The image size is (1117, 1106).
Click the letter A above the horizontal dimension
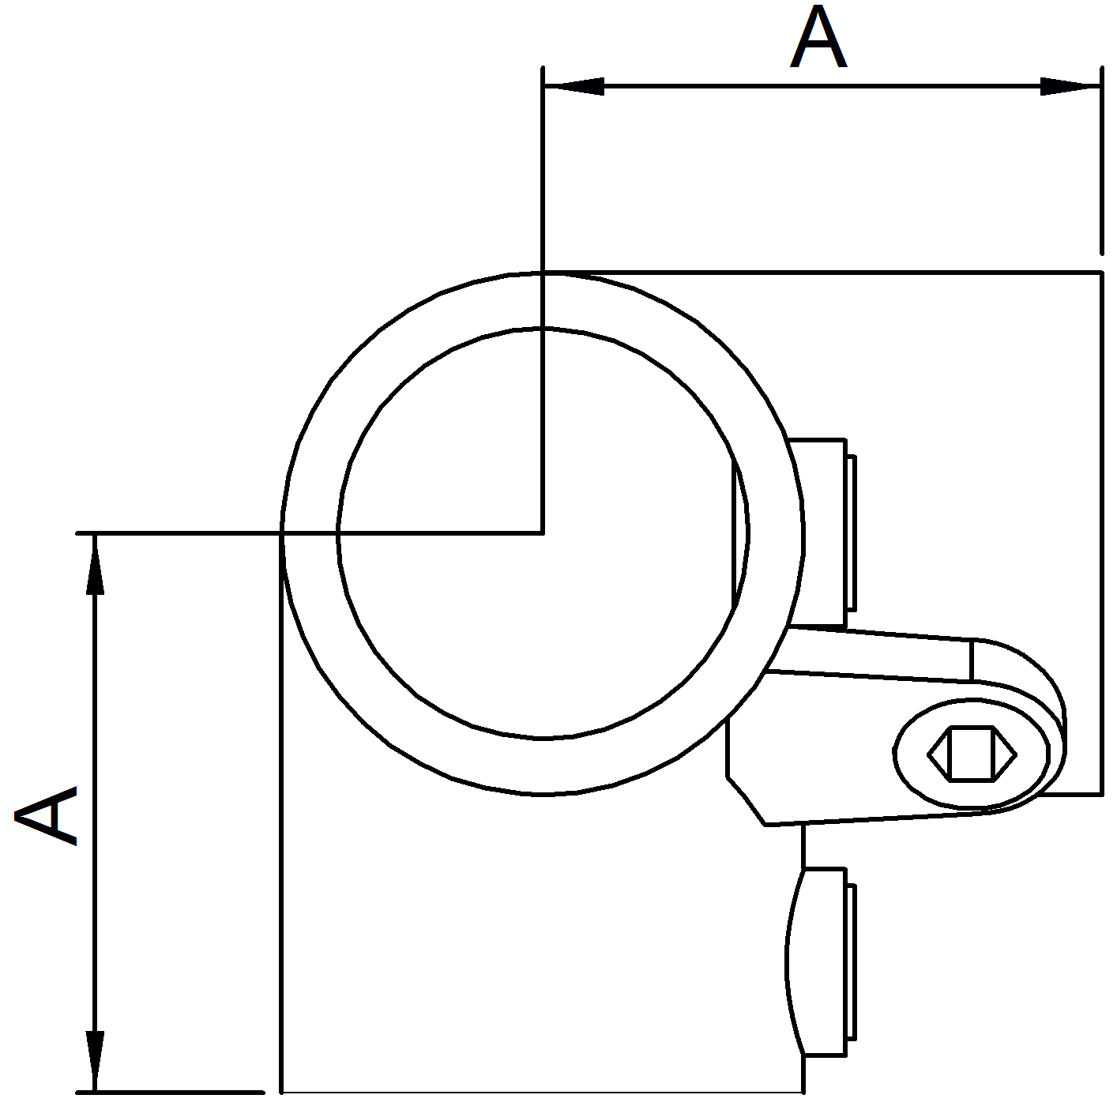[x=818, y=37]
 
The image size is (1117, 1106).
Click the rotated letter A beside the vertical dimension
[x=46, y=815]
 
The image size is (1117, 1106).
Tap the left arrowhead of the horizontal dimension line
[x=574, y=86]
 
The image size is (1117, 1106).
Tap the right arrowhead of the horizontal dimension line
[x=1070, y=86]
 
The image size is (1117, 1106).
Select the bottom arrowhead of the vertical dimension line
[x=95, y=1061]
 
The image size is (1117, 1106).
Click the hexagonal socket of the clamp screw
[x=972, y=754]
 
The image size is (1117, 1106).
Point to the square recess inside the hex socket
[x=972, y=754]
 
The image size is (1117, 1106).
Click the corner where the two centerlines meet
[x=543, y=532]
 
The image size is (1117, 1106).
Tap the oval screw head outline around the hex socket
[x=972, y=754]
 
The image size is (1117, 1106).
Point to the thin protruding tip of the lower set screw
[x=852, y=969]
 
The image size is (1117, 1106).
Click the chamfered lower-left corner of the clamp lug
[x=746, y=800]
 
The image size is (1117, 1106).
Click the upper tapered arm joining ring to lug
[x=870, y=653]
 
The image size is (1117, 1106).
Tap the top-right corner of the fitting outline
[x=1100, y=272]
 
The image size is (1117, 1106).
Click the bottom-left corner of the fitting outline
[x=282, y=1092]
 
